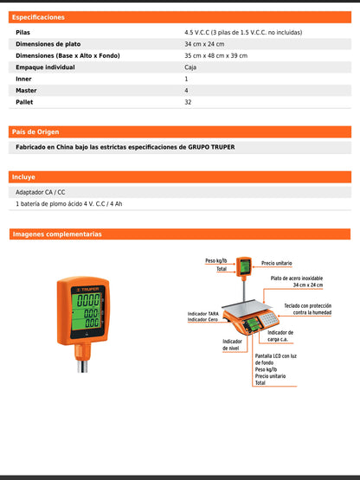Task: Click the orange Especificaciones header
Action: click(x=38, y=16)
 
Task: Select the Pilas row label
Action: click(x=23, y=32)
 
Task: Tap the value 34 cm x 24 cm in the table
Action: click(x=203, y=43)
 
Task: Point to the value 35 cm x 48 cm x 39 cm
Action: click(x=215, y=55)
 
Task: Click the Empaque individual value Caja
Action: click(x=190, y=67)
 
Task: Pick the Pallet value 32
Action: click(x=188, y=101)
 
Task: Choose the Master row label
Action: click(x=26, y=90)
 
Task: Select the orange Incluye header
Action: click(x=24, y=176)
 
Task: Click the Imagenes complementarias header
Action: click(x=56, y=234)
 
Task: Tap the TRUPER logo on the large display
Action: click(x=87, y=289)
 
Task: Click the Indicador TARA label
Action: click(x=202, y=314)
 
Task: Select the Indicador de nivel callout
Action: click(x=232, y=345)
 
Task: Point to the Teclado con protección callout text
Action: click(x=307, y=308)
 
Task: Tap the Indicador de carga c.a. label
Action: click(x=280, y=336)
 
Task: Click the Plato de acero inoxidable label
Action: click(x=296, y=278)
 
